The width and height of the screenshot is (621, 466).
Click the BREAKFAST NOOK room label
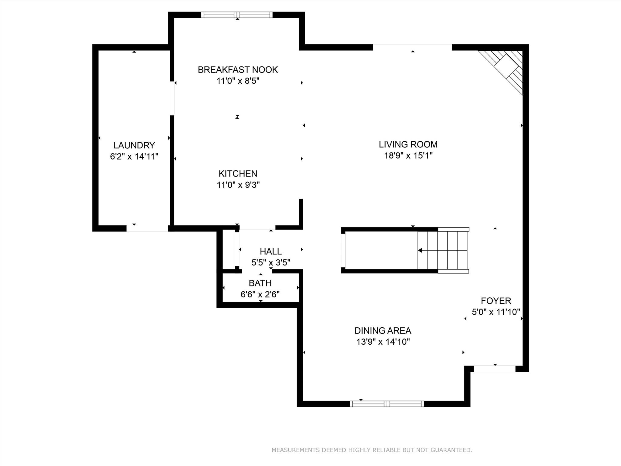coord(238,70)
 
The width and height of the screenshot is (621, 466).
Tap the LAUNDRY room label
coord(134,145)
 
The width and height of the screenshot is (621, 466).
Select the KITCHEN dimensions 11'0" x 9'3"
coord(238,185)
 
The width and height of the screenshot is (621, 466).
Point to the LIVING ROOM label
coord(408,144)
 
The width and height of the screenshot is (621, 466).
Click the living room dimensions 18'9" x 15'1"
coord(408,156)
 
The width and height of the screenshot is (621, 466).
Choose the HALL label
coord(271,252)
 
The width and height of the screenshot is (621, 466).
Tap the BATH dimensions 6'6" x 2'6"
coord(260,294)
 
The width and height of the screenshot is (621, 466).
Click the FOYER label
coord(496,301)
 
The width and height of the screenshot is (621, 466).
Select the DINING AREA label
coord(383,330)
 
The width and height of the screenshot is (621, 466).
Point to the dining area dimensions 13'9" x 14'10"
coord(383,342)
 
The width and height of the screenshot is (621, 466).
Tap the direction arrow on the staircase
coord(420,250)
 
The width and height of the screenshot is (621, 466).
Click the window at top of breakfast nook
coord(237,15)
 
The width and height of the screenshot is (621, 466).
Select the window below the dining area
coord(387,404)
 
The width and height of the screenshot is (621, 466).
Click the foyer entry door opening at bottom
coord(495,369)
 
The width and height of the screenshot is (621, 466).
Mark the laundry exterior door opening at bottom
coord(147,228)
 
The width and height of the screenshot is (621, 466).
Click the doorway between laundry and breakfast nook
coord(172,98)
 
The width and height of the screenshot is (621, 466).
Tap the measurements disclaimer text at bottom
coord(372,450)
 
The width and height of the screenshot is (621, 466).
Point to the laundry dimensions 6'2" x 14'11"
coord(134,157)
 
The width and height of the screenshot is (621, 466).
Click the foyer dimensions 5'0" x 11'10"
coord(496,312)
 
